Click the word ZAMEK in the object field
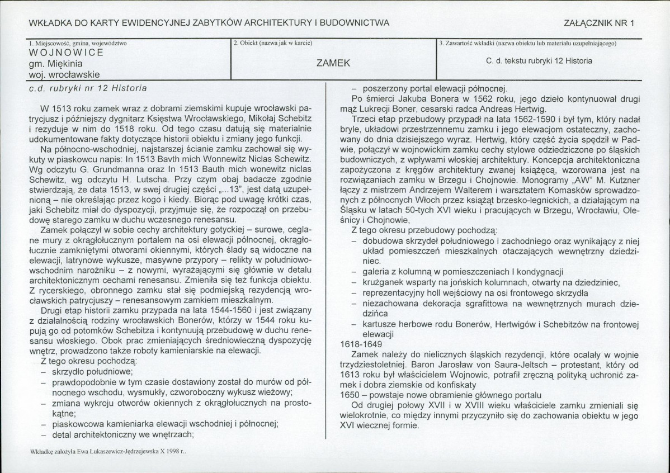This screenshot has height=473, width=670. [x=333, y=63]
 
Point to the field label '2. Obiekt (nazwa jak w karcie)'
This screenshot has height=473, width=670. [x=272, y=43]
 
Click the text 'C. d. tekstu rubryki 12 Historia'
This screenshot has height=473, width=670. [x=539, y=60]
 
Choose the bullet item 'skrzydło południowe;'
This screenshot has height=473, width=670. [x=92, y=371]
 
